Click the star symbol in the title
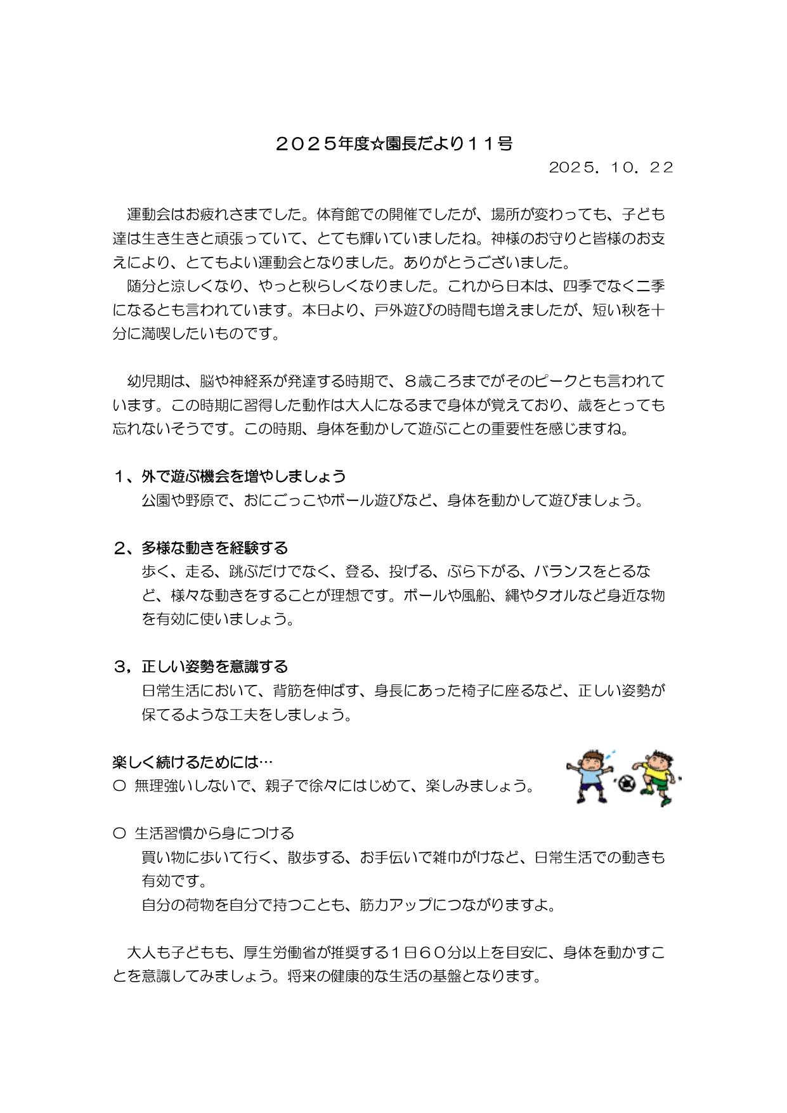coord(377,145)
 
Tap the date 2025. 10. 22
coord(611,167)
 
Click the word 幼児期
coord(149,382)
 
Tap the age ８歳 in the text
coord(417,382)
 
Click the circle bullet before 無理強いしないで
coord(119,786)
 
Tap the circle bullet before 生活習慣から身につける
coord(119,833)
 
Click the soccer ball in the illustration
coord(627,784)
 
